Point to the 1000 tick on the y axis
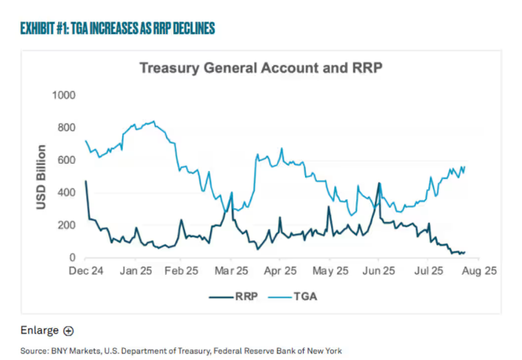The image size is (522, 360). click(64, 96)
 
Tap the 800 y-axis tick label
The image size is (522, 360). click(67, 128)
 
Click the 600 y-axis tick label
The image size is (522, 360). click(67, 161)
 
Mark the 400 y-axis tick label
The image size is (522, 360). click(67, 193)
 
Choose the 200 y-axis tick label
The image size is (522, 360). click(67, 225)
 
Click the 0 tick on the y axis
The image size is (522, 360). click(73, 257)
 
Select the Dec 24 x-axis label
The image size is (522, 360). click(86, 271)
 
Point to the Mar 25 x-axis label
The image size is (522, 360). click(232, 271)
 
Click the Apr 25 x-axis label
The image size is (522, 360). click(281, 271)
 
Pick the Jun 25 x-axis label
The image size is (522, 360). click(378, 271)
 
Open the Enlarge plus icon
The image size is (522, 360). click(68, 331)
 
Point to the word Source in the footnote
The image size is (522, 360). click(34, 350)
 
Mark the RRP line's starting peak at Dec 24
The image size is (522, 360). click(86, 181)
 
